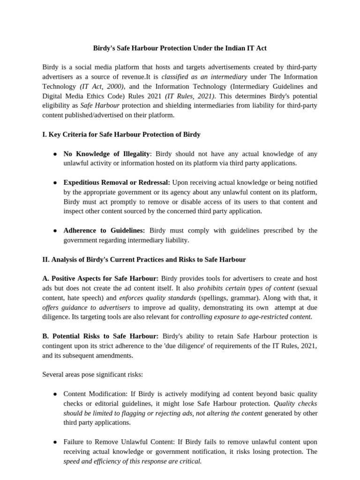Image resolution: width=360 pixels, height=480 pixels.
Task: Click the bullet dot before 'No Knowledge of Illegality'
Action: [x=55, y=154]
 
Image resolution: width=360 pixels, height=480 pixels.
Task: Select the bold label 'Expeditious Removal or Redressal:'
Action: [x=117, y=182]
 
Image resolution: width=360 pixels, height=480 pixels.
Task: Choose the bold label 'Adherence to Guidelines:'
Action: [x=104, y=230]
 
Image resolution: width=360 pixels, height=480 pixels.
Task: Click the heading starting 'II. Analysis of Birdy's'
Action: [x=144, y=259]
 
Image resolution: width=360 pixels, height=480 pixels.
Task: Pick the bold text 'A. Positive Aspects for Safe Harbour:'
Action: [x=100, y=278]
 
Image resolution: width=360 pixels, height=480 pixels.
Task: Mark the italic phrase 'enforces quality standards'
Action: [x=157, y=298]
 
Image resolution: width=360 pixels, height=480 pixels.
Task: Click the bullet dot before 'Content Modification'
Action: [x=55, y=394]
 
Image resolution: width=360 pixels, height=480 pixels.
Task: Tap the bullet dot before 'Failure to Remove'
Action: [x=55, y=442]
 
